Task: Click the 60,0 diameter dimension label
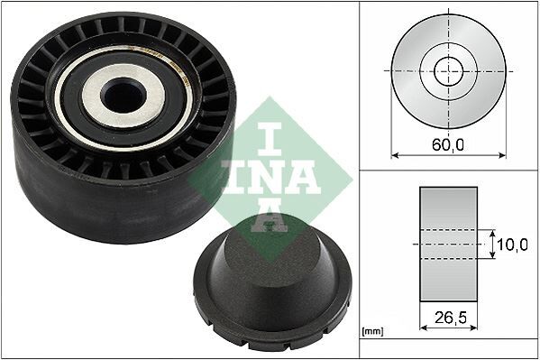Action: click(x=448, y=143)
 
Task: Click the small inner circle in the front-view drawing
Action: click(x=448, y=69)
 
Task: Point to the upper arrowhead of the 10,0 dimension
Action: click(x=494, y=233)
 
